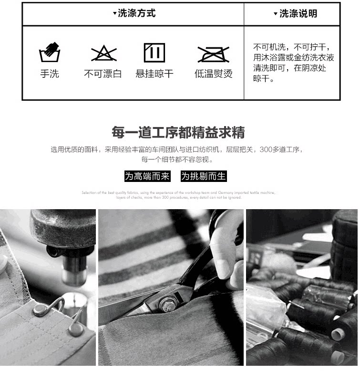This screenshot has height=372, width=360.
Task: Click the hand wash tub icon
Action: click(49, 53)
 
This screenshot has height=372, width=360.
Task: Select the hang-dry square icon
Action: click(154, 53)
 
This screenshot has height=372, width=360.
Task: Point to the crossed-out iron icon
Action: click(213, 54)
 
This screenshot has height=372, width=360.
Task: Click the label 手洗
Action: click(49, 74)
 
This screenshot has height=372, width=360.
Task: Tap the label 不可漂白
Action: click(103, 74)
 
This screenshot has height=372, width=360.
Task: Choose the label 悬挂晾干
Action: click(154, 74)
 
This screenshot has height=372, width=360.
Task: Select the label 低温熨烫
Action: click(213, 74)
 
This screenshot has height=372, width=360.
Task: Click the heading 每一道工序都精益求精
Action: click(178, 132)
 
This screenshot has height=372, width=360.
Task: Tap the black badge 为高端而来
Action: click(147, 176)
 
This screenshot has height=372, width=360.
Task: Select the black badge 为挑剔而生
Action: click(204, 176)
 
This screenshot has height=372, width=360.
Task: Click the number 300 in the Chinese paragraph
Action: click(267, 149)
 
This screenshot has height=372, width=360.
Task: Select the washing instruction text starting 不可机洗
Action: click(293, 63)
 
